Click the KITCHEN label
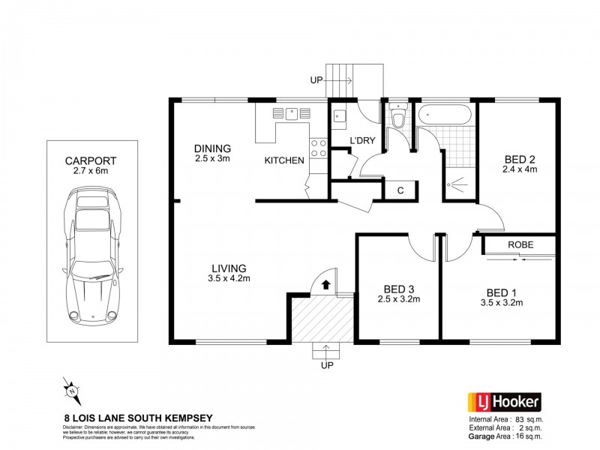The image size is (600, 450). [x=284, y=160]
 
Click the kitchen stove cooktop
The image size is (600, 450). [x=317, y=147]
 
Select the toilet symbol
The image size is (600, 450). [x=397, y=118]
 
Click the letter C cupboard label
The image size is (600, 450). [x=400, y=190]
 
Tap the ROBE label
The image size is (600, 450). [x=520, y=244]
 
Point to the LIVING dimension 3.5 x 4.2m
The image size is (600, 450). [x=229, y=280]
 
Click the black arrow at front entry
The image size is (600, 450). [x=326, y=284]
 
